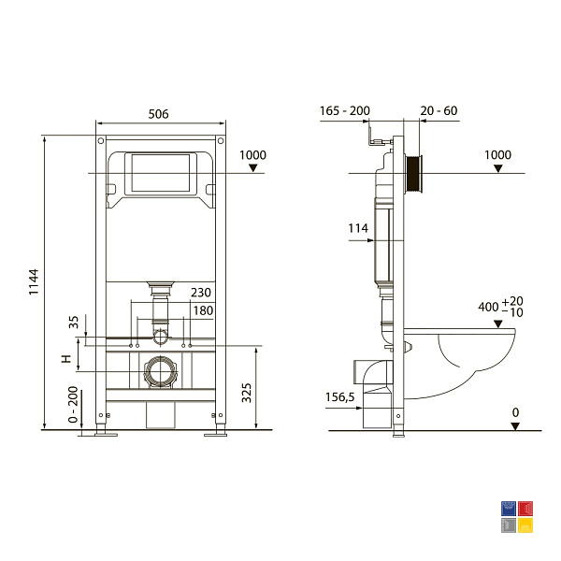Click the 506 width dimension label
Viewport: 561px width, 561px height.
pyautogui.click(x=158, y=114)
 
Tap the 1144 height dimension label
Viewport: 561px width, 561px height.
pyautogui.click(x=34, y=282)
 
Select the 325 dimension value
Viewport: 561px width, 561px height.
pyautogui.click(x=247, y=393)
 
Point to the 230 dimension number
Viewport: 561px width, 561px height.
pyautogui.click(x=201, y=293)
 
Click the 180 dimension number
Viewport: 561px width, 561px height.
pyautogui.click(x=203, y=310)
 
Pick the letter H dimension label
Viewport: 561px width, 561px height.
pyautogui.click(x=67, y=358)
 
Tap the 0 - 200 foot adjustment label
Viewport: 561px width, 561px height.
pyautogui.click(x=73, y=404)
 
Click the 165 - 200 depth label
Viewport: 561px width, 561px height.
pyautogui.click(x=344, y=111)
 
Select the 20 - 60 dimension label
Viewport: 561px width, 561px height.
pyautogui.click(x=439, y=111)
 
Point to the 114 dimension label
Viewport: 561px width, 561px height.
pyautogui.click(x=358, y=228)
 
